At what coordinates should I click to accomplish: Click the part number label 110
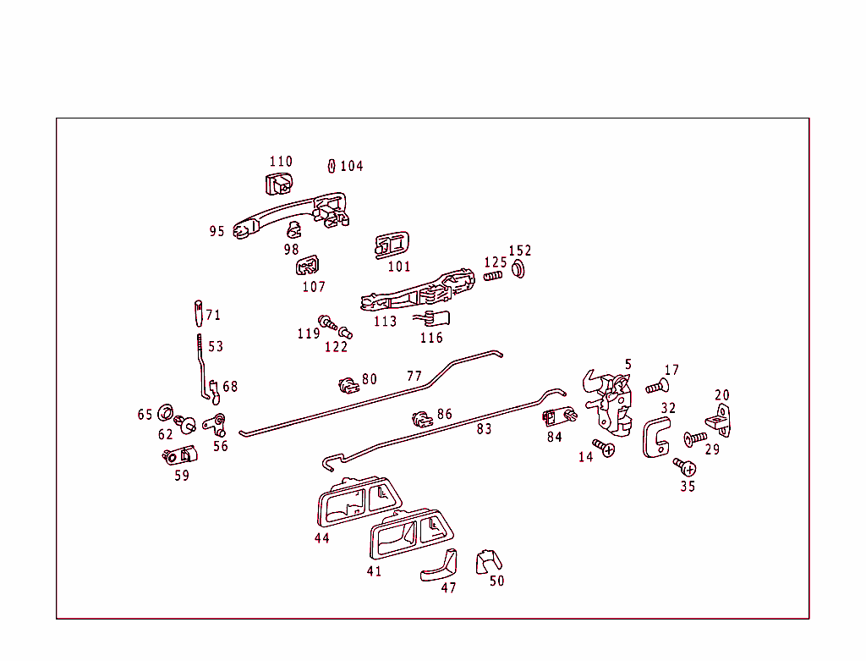[281, 162]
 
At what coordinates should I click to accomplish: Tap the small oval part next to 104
[332, 165]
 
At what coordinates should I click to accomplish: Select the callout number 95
[217, 231]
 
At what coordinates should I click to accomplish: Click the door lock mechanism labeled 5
[611, 401]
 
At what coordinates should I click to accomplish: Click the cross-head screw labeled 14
[604, 448]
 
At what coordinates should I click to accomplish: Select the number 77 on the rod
[414, 376]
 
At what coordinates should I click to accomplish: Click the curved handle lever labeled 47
[440, 565]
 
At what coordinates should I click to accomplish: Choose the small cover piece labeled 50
[488, 559]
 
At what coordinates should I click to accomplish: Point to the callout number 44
[321, 538]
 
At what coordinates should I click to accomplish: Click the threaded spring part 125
[493, 275]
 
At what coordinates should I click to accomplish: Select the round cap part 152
[518, 270]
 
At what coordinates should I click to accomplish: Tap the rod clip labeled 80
[347, 385]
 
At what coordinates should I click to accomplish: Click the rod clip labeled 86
[421, 418]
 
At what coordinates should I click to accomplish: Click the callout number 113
[385, 322]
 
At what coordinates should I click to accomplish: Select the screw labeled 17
[656, 387]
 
